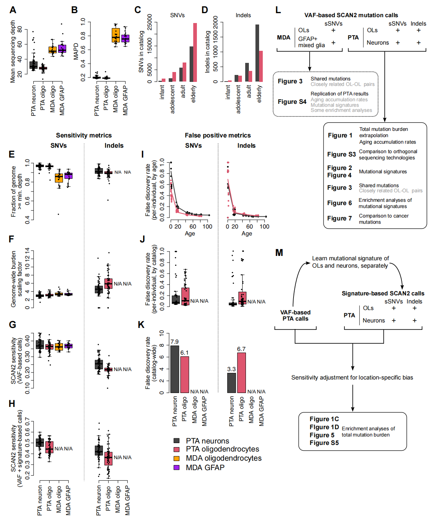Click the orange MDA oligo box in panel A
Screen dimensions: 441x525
pyautogui.click(x=53, y=50)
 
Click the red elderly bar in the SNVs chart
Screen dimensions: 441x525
pyautogui.click(x=195, y=52)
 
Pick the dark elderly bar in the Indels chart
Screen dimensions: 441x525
pyautogui.click(x=257, y=53)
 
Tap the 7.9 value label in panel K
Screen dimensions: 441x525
pyautogui.click(x=175, y=342)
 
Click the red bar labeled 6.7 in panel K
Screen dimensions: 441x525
pyautogui.click(x=242, y=373)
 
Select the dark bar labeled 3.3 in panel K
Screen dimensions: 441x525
pyautogui.click(x=232, y=383)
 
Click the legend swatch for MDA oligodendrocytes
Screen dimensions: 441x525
pyautogui.click(x=177, y=458)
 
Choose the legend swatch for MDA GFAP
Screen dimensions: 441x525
pyautogui.click(x=177, y=468)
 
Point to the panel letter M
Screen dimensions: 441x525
pyautogui.click(x=279, y=252)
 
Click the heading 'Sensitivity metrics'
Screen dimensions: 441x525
pyautogui.click(x=84, y=135)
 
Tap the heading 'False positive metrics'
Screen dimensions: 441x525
pyautogui.click(x=218, y=135)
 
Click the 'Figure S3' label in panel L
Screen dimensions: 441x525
pyautogui.click(x=341, y=154)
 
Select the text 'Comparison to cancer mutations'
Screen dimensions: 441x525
pyautogui.click(x=384, y=219)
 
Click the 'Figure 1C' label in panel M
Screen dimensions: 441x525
pyautogui.click(x=324, y=419)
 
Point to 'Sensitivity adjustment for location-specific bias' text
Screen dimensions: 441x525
pyautogui.click(x=352, y=377)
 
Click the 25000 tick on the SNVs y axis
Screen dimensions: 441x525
pyautogui.click(x=150, y=22)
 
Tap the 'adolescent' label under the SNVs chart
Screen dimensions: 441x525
pyautogui.click(x=172, y=99)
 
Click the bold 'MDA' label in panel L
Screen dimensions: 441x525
pyautogui.click(x=284, y=37)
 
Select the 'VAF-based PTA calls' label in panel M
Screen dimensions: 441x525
pyautogui.click(x=295, y=315)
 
